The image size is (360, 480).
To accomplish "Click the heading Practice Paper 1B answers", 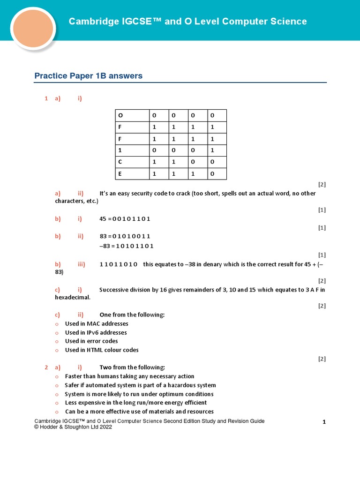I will point(89,76).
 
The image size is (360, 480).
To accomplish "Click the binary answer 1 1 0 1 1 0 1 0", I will point(119,264).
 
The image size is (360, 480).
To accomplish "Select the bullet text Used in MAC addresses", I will point(97,324).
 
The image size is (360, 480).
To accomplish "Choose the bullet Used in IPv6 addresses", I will point(96,333).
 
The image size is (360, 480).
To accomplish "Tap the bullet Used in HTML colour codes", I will point(102,350).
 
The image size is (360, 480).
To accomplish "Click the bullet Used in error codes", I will point(91,341).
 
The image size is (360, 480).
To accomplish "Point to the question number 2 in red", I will point(46,367).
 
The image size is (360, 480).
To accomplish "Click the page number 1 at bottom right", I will point(324,422).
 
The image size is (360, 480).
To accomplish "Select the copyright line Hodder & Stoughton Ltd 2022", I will point(73,427).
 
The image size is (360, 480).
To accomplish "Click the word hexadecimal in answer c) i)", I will point(72,297).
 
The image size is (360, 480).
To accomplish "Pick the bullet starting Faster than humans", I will point(129,376).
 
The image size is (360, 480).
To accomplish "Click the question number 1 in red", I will point(46,98).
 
